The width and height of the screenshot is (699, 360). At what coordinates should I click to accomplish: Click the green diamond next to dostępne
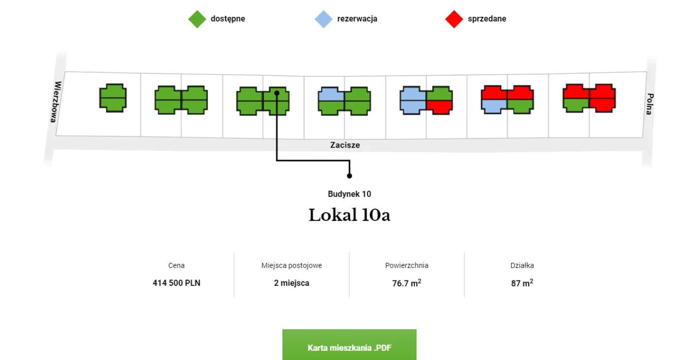[197, 19]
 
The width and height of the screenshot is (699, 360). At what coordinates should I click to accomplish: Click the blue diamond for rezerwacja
[324, 19]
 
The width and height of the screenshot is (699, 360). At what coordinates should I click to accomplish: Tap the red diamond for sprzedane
[454, 19]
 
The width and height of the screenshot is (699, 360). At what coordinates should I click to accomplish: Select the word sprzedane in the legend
[487, 19]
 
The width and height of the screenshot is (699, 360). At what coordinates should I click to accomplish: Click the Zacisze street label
[345, 145]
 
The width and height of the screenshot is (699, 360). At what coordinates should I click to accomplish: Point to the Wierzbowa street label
[55, 102]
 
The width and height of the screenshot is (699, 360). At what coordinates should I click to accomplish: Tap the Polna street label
[650, 104]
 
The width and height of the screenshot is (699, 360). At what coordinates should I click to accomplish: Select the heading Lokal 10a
[349, 215]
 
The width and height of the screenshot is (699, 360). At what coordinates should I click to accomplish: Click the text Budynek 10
[349, 194]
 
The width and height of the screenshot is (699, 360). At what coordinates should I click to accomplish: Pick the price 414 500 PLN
[176, 283]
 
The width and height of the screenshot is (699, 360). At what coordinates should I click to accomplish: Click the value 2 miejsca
[291, 283]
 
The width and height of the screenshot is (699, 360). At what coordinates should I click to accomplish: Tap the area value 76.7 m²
[407, 283]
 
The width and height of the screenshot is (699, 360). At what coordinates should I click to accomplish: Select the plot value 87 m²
[522, 283]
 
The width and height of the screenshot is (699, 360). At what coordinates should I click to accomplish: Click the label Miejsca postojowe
[291, 265]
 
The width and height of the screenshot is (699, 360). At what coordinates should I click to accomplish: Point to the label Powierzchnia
[407, 265]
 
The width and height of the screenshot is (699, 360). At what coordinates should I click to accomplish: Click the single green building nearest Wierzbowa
[113, 98]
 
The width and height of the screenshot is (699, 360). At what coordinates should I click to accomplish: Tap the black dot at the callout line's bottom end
[349, 176]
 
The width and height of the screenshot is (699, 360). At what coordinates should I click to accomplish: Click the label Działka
[522, 265]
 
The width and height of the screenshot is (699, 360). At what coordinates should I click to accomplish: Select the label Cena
[176, 265]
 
